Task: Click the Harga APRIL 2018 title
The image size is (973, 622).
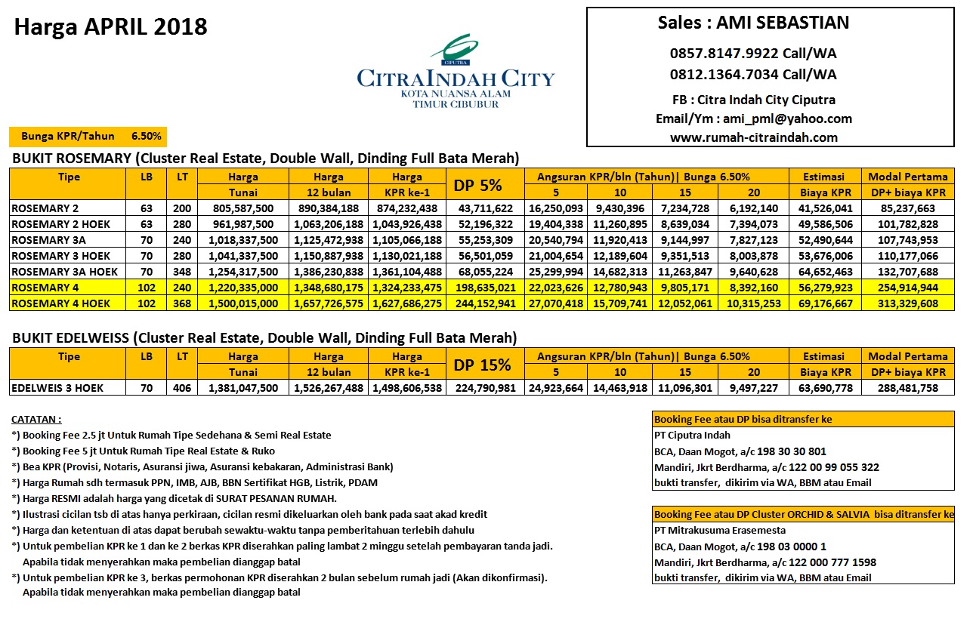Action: (111, 28)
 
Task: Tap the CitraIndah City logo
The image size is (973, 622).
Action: (456, 71)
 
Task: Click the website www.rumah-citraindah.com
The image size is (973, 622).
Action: (753, 137)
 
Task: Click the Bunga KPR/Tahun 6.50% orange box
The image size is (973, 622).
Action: (88, 137)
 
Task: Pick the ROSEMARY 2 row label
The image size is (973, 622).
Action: (45, 208)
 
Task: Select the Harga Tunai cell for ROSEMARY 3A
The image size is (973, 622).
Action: (243, 240)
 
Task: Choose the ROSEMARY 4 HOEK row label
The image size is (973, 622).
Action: (61, 303)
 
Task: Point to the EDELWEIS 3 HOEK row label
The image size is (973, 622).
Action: (57, 388)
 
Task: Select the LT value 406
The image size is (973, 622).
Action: (182, 388)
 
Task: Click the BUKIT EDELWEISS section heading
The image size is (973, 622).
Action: (264, 337)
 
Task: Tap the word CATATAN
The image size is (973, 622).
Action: (37, 419)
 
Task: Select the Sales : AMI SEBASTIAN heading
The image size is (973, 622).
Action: (753, 23)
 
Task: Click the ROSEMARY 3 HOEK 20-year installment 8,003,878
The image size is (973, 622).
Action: (753, 256)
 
